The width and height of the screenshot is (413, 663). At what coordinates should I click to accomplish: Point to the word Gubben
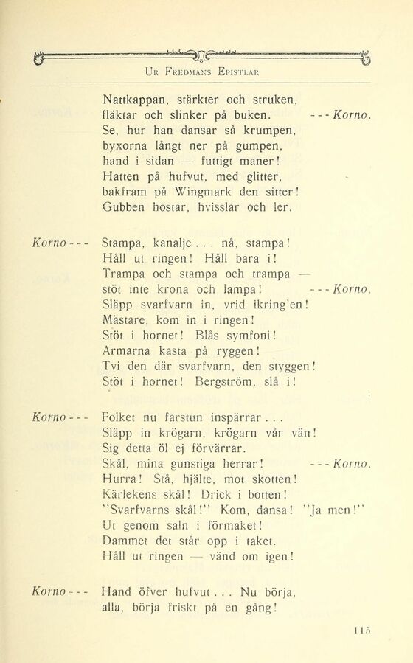(125, 208)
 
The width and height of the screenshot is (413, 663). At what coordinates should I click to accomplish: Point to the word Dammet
(127, 540)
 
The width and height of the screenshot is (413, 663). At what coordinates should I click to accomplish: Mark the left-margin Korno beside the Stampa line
(49, 241)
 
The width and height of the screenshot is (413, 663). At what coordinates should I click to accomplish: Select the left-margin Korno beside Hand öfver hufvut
(49, 591)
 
